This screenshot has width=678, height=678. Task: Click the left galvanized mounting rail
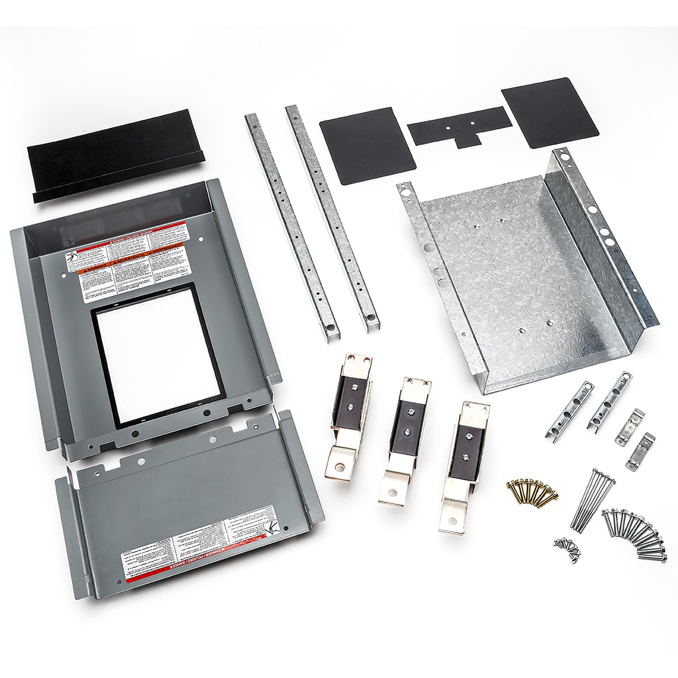tap(291, 226)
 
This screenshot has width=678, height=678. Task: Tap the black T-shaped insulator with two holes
tap(460, 126)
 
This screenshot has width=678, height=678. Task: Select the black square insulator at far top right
tap(550, 112)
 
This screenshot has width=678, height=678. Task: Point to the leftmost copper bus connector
tap(348, 414)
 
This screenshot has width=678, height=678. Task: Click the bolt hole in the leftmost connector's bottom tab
tap(339, 467)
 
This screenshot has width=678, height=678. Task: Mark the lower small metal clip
tap(640, 452)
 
